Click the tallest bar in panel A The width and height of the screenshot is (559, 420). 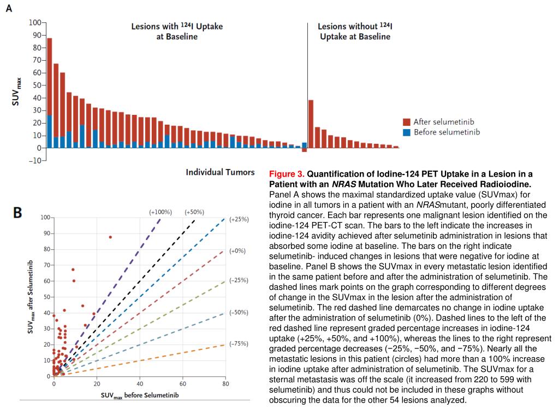(50, 93)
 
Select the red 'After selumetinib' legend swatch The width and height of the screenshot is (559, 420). (406, 122)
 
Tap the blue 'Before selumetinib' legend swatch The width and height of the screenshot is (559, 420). (406, 132)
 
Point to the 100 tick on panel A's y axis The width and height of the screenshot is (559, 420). (35, 22)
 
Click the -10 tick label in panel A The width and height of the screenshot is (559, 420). (35, 161)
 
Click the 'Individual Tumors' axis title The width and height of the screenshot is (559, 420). (220, 172)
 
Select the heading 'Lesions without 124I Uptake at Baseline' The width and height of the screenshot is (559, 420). (355, 31)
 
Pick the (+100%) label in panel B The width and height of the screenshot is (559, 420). (160, 212)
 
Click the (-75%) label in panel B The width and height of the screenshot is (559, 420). (239, 344)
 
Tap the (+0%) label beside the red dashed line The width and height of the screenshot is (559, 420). (237, 250)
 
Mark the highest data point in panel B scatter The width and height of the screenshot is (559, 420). (110, 237)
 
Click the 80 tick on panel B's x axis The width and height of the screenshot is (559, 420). (225, 384)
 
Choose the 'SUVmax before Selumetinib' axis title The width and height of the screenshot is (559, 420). (140, 395)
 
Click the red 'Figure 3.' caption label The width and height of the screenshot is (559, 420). (287, 174)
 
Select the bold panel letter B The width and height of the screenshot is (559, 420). (17, 213)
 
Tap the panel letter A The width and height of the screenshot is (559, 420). (9, 8)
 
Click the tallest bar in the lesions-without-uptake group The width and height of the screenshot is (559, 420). (311, 124)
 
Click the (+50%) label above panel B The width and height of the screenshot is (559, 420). (194, 212)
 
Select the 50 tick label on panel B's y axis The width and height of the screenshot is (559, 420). (47, 297)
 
